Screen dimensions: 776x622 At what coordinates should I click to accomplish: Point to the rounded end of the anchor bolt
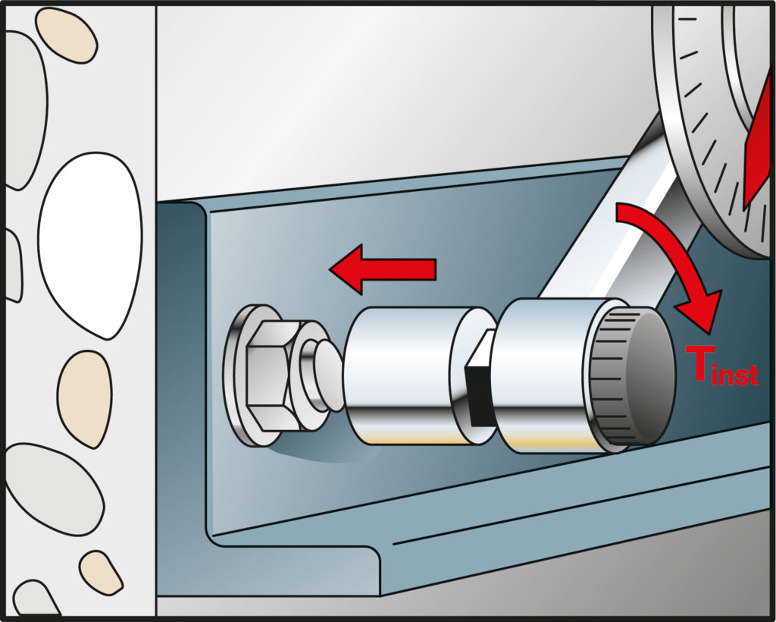click(x=329, y=376)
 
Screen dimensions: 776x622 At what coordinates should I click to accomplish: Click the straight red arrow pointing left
click(x=383, y=269)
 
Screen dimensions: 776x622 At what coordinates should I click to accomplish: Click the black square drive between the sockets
click(x=479, y=382)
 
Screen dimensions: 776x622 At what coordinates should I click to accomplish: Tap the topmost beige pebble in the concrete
click(x=67, y=35)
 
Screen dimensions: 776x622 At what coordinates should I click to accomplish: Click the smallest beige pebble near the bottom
click(x=101, y=573)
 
